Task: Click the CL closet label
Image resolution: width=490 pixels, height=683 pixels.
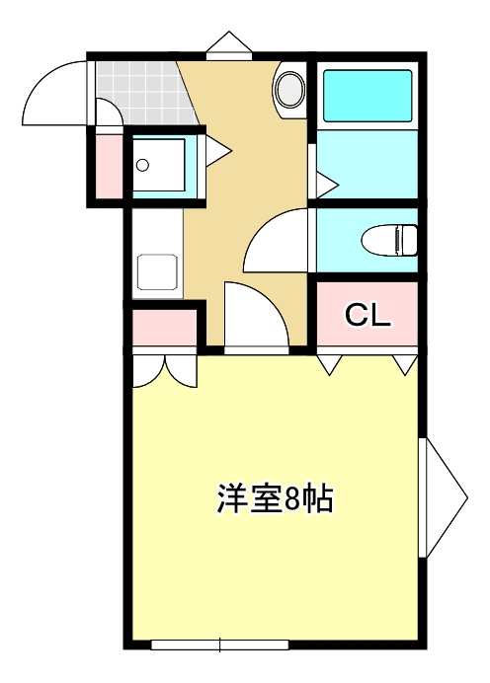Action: [x=368, y=316]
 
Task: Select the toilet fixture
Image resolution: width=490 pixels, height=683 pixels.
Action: [x=390, y=240]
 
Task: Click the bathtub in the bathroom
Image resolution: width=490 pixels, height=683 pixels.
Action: [x=367, y=95]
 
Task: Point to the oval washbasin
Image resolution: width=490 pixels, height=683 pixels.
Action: [x=290, y=89]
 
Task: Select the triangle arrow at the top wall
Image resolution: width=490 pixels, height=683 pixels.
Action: [x=228, y=44]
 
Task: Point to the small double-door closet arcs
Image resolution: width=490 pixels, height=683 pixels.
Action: [x=165, y=369]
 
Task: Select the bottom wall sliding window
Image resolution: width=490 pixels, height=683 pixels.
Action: [x=219, y=645]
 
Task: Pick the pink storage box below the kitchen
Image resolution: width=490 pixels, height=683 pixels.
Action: [x=163, y=326]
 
